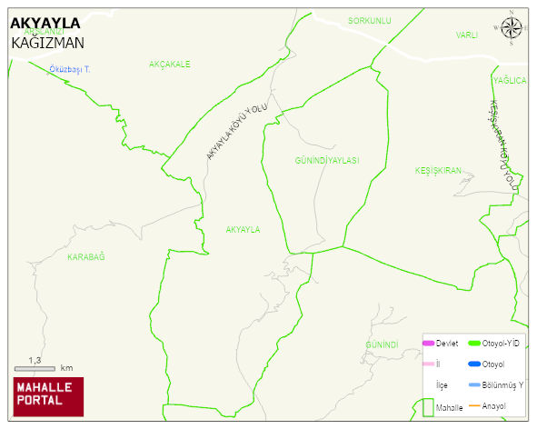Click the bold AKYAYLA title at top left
45,23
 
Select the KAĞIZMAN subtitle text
48,42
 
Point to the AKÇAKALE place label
169,65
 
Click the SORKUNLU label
369,20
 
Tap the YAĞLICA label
510,81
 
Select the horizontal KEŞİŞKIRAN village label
439,171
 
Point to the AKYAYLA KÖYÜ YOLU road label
236,132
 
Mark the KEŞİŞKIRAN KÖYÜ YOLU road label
505,145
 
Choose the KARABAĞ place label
86,257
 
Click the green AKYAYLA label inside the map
243,230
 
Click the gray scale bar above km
35,369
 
